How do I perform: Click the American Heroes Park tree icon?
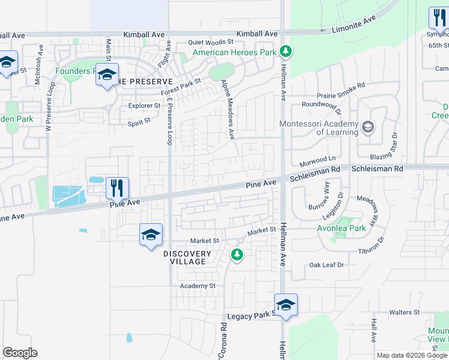pos(286,52)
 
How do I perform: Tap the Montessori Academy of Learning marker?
pos(367,127)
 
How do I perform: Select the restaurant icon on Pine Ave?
pos(118,188)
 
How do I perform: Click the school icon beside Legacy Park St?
pos(286,305)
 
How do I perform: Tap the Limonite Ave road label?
pos(355,24)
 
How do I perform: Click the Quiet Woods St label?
pos(210,42)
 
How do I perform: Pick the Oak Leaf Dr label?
pos(327,265)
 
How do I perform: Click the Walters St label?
pos(404,313)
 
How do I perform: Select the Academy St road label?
pos(198,286)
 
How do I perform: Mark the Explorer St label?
pos(145,106)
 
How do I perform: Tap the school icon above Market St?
pos(151,235)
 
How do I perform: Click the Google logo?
pos(20,353)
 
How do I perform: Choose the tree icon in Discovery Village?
pos(237,256)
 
